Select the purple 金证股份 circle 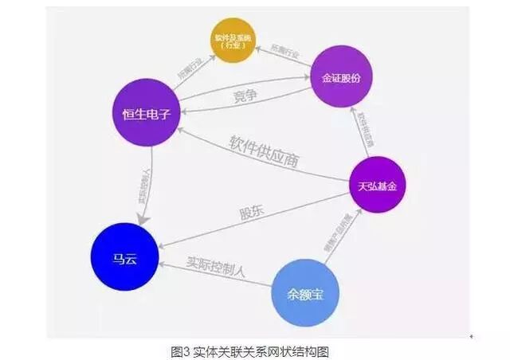point(342,77)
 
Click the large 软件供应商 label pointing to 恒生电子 point(262,152)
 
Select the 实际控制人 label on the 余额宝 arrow point(216,265)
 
